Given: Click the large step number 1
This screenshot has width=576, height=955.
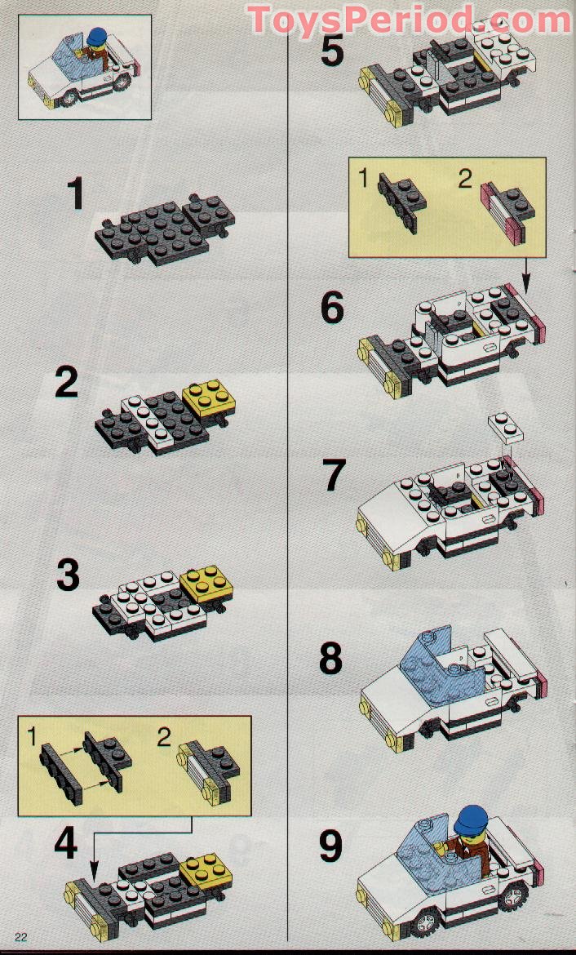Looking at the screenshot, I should point(77,194).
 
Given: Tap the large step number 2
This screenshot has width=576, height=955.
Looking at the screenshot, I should point(67,382).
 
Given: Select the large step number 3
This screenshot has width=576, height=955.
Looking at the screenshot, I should point(69,575).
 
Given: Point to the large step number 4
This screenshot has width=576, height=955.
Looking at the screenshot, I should point(66,844).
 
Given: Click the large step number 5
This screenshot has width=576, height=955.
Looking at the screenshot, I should point(332,51).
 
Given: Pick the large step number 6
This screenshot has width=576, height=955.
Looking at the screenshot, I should point(332,309).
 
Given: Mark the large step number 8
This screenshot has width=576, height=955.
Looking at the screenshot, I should point(330,659).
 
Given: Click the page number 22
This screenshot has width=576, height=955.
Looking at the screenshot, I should point(20,936).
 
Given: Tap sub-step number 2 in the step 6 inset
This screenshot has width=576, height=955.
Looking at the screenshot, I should point(465,179).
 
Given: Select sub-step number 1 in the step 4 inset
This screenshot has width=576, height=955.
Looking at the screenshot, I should point(32,739).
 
